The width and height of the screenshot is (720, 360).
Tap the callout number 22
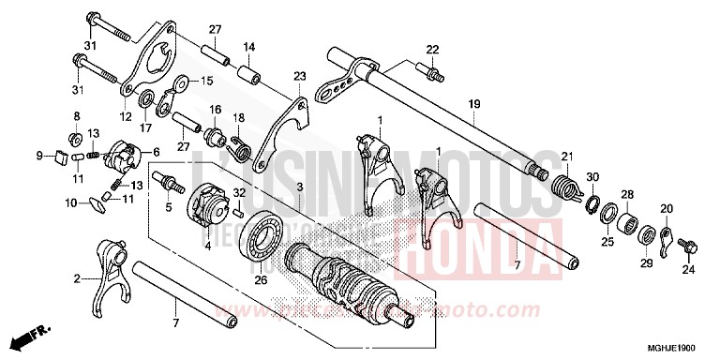click(x=432, y=49)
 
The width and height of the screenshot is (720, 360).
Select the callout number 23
click(x=299, y=75)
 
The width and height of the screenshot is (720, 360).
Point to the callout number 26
click(x=261, y=277)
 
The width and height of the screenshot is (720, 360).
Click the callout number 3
click(x=298, y=188)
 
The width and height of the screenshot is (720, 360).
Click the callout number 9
click(x=40, y=155)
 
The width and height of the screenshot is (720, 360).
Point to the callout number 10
click(x=69, y=202)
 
